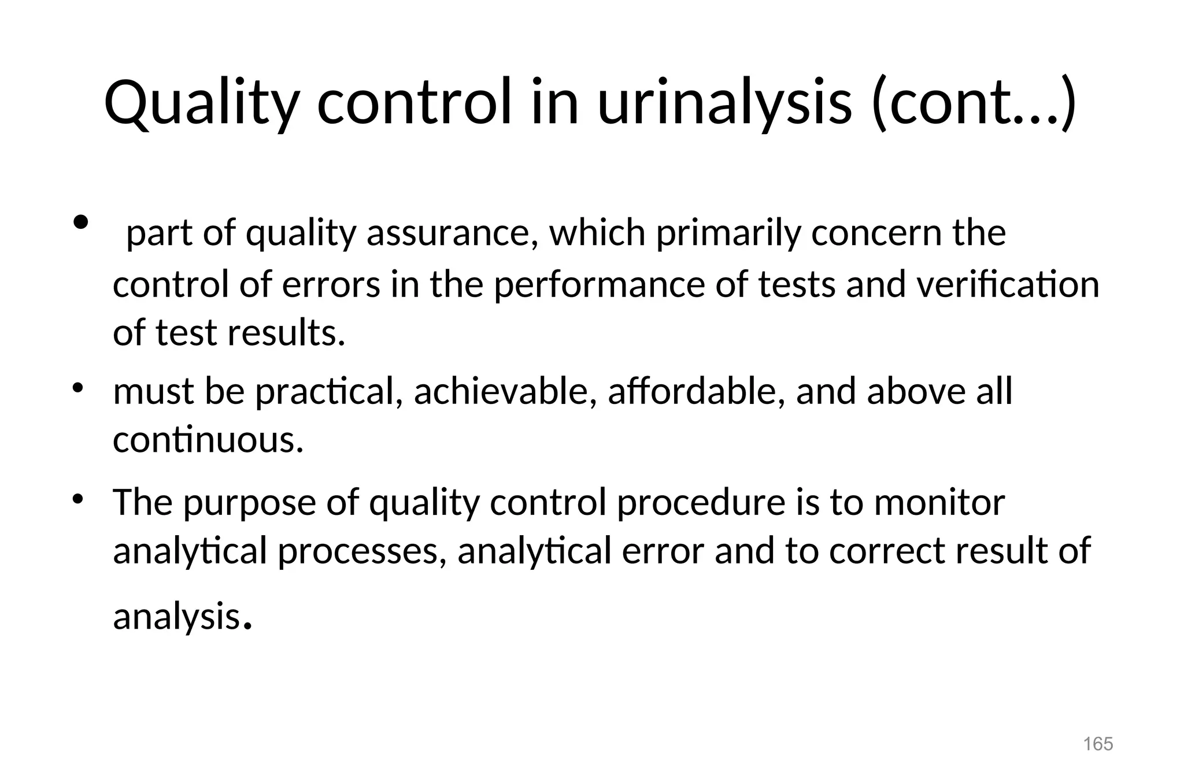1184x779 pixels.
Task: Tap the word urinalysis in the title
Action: tap(724, 104)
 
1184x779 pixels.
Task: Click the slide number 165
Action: tap(1098, 744)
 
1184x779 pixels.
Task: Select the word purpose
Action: tap(250, 502)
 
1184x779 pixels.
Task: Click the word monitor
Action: tap(939, 502)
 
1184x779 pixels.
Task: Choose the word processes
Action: tap(362, 551)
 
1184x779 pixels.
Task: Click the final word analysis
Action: tap(176, 616)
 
